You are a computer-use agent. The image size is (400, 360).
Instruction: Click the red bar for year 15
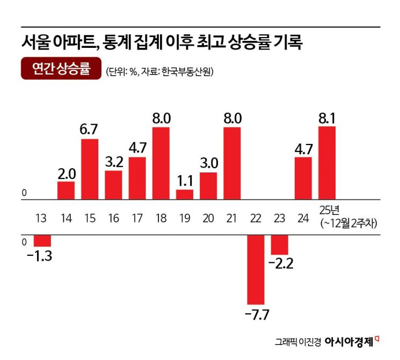coord(90,169)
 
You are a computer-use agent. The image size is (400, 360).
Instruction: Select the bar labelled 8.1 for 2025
coord(327,163)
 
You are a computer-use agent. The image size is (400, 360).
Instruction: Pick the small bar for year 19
coord(185,194)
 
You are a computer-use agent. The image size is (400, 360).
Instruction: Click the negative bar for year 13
coord(42,240)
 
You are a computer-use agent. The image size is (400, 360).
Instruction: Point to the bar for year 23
coord(280,244)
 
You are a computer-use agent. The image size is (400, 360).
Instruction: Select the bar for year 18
coord(161,163)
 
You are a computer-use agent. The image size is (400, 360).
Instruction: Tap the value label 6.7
coord(90,131)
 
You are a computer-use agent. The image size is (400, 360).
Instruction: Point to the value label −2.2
coord(280,264)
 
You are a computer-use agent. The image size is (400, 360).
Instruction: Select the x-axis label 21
coord(232,219)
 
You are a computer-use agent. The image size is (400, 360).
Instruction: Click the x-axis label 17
coord(137,219)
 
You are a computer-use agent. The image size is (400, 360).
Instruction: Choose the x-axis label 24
coord(303,219)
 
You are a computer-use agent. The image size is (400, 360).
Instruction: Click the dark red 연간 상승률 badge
coord(61,69)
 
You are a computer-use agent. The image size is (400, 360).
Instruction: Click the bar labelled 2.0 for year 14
coord(66,190)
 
